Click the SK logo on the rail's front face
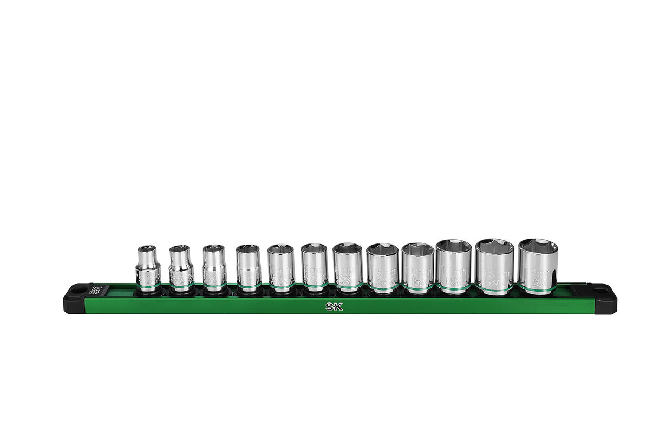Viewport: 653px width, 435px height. [x=334, y=306]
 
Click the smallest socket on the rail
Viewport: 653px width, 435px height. [x=148, y=268]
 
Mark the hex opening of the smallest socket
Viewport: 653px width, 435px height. [x=147, y=249]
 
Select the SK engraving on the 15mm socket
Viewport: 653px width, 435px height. [x=382, y=282]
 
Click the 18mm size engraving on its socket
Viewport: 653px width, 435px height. [x=494, y=271]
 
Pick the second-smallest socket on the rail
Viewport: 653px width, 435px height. [x=181, y=268]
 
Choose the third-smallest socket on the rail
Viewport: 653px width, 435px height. [x=214, y=268]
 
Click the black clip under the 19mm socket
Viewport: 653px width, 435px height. [x=538, y=294]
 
